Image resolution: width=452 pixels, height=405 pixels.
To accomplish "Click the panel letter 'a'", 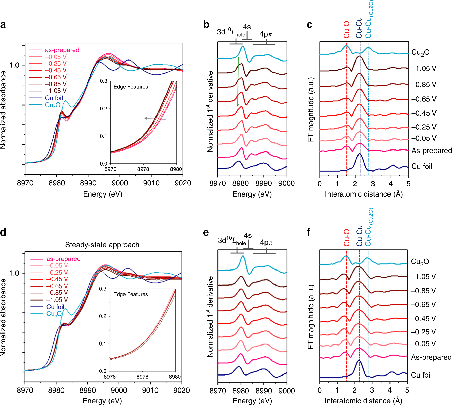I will tap(3, 25).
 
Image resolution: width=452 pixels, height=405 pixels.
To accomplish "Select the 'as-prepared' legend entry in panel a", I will tap(62, 50).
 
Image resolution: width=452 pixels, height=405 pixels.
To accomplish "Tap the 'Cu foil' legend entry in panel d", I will tap(55, 307).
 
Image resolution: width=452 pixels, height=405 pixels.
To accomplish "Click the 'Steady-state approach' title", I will tap(102, 245).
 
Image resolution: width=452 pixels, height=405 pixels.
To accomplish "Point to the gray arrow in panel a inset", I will tap(155, 119).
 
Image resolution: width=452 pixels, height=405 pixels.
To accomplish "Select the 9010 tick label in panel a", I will tap(151, 183).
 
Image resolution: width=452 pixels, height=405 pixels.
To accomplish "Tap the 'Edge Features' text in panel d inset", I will tap(130, 294).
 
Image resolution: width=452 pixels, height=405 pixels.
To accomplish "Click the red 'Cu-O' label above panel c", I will tap(347, 30).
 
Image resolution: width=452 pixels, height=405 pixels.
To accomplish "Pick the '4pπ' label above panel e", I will tap(266, 242).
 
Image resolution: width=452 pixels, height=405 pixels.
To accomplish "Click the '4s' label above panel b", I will tap(247, 27).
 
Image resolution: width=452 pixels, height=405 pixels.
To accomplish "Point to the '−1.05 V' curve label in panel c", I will tap(424, 68).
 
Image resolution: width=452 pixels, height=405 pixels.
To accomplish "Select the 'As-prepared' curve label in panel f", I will tap(431, 357).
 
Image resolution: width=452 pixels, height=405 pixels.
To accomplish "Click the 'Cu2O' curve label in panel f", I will tap(420, 262).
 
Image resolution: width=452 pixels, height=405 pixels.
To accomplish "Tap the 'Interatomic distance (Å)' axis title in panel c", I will tap(364, 194).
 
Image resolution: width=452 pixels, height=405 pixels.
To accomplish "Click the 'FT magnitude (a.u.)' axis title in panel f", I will tap(310, 317).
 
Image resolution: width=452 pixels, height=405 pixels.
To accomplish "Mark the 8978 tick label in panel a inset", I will tap(143, 169).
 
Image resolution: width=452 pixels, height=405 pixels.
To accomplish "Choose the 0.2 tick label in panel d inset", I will tap(103, 316).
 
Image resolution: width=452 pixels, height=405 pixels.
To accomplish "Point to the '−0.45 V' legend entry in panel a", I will tap(56, 70).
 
